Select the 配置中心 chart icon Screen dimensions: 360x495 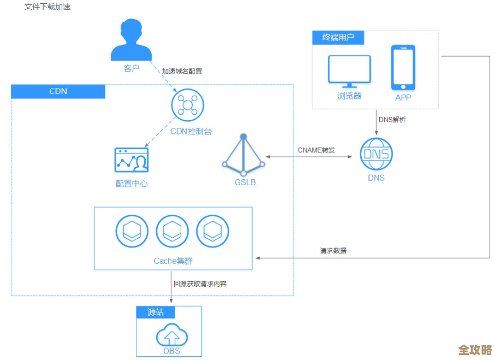coord(132,160)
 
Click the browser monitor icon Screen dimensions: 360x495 coord(349,71)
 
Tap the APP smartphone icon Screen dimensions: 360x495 coord(403,68)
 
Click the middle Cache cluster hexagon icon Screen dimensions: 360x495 coord(172,232)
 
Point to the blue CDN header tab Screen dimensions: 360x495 coord(58,91)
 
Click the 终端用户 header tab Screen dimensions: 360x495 coord(338,38)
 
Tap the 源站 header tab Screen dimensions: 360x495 coord(156,312)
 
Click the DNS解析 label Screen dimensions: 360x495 coord(392,120)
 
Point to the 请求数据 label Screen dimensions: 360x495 coord(333,251)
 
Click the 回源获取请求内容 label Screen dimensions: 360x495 coord(200,284)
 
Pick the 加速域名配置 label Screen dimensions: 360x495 coord(182,72)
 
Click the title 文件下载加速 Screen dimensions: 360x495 coord(47,7)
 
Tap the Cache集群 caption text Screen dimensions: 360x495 coord(173,261)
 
